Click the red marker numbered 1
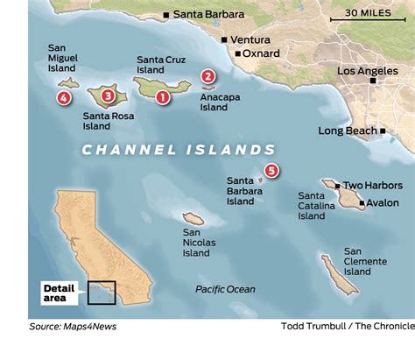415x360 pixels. point(163,97)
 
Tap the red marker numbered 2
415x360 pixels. point(208,77)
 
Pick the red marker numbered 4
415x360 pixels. point(64,97)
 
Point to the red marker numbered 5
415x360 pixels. point(271,171)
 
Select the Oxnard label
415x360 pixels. point(262,53)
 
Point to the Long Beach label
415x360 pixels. point(348,131)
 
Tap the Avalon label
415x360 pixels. point(382,202)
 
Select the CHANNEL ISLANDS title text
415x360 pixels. point(179,149)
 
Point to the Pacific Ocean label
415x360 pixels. point(225,289)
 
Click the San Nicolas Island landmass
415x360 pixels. point(193,219)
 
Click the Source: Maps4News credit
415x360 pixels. point(72,327)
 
